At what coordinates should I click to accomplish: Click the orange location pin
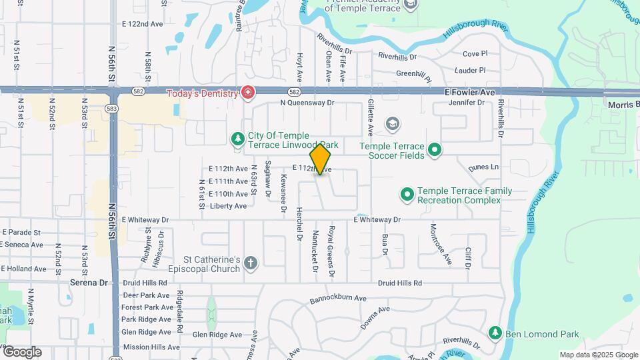click(320, 159)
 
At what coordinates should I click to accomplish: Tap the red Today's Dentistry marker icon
click(248, 93)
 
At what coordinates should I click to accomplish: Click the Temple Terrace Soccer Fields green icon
click(435, 151)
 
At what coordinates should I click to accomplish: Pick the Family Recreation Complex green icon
click(407, 195)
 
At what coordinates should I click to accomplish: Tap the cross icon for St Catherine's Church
click(251, 263)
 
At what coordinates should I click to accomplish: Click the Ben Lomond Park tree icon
click(495, 332)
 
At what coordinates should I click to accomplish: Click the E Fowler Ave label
click(471, 93)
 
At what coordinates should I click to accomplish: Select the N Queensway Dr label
click(307, 103)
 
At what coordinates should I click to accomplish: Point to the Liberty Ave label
click(228, 206)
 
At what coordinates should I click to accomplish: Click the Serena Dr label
click(89, 283)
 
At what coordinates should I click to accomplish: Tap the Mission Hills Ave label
click(151, 347)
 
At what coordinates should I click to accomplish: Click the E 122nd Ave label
click(143, 23)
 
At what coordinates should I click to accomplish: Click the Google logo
click(21, 352)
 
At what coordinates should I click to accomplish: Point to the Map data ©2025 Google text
click(598, 355)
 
